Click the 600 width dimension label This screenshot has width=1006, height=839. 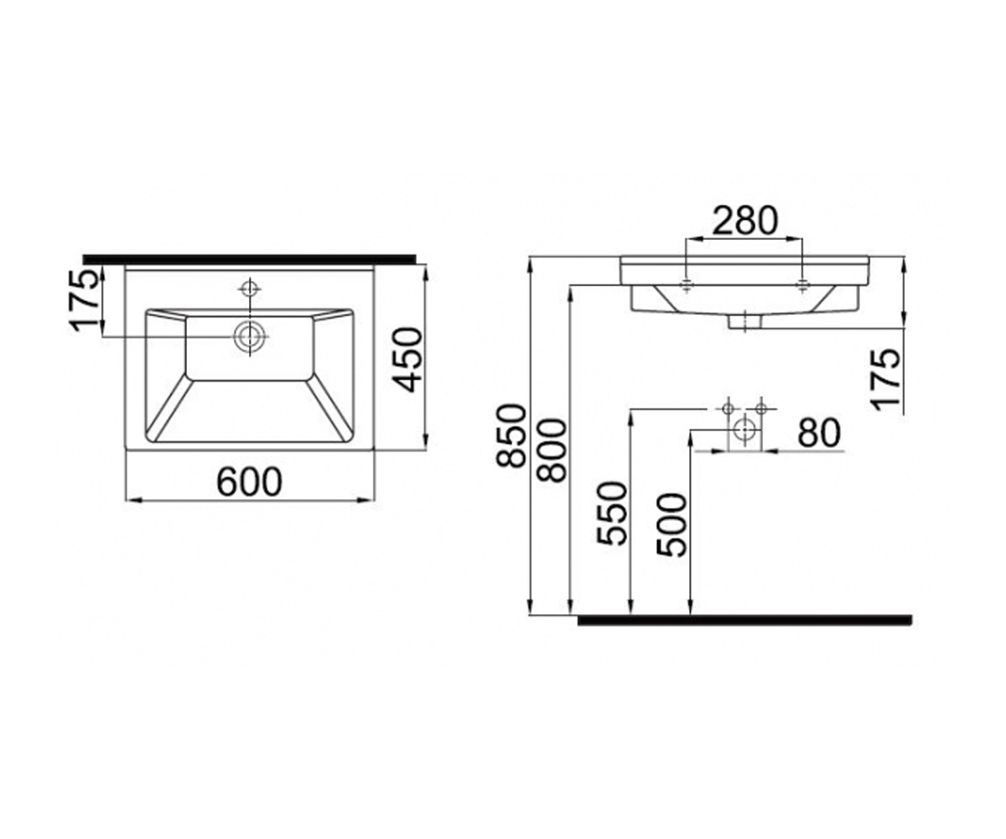[249, 482]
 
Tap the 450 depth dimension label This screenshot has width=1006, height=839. [407, 360]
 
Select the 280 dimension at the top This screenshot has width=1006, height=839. [745, 221]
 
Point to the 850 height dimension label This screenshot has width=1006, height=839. [511, 436]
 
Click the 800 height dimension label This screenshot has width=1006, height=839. [552, 451]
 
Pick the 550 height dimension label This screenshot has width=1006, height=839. [612, 513]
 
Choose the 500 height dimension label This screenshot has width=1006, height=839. [672, 524]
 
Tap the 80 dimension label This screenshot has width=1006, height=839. [819, 433]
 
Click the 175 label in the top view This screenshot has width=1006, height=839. [86, 301]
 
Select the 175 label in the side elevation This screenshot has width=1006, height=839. [885, 379]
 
